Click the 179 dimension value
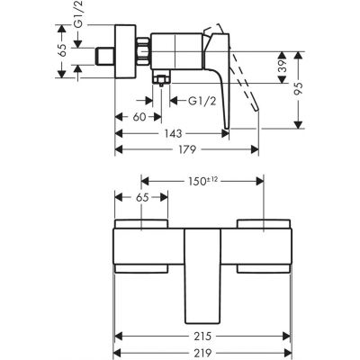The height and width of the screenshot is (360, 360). (x=185, y=150)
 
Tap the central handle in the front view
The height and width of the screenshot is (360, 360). (x=202, y=274)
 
